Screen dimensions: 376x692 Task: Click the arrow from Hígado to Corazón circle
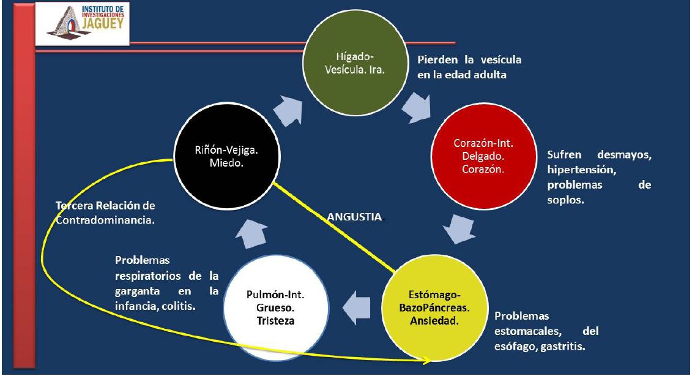coord(418,107)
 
